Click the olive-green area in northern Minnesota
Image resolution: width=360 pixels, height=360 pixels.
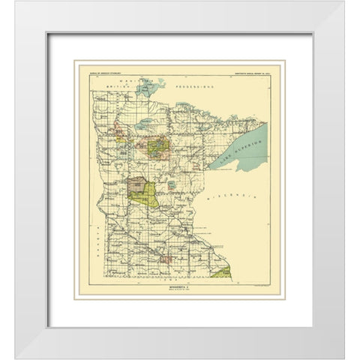(x=159, y=148)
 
